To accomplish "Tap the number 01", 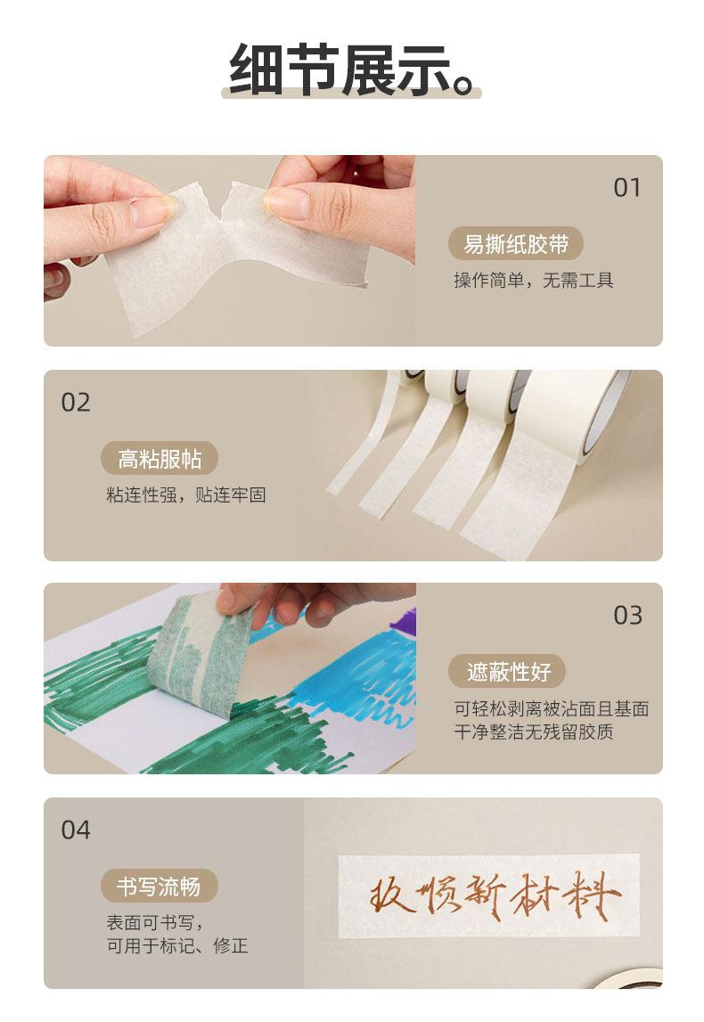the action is (x=627, y=188).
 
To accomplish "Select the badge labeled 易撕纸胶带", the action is (x=516, y=244).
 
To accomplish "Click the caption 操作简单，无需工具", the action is (x=534, y=281).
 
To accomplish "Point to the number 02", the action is (x=76, y=402).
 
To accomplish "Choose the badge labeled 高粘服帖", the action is (x=159, y=459).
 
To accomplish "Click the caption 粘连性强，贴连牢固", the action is (x=185, y=495).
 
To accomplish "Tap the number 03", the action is (x=627, y=616).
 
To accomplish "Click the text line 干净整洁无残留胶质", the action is (x=534, y=732).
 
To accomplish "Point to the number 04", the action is (x=76, y=830).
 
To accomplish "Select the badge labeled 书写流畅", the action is (x=159, y=887).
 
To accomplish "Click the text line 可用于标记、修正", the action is (x=177, y=945).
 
